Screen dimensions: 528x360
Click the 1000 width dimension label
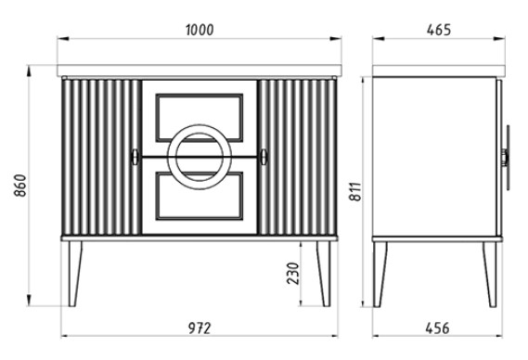[200, 30]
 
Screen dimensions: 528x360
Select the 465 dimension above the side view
[438, 30]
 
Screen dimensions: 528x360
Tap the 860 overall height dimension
[20, 186]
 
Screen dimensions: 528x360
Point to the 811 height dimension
[354, 192]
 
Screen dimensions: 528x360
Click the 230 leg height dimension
[293, 273]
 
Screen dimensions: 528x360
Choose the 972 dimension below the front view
[200, 328]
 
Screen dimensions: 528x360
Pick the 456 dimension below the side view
[437, 328]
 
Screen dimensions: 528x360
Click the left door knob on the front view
[135, 157]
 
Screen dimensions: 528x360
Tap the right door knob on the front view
[264, 157]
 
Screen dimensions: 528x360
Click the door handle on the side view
[506, 158]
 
